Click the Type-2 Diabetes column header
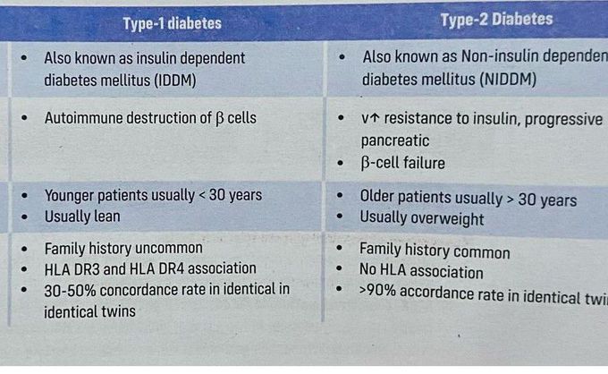click(496, 19)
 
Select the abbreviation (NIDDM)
click(507, 80)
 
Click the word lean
click(103, 217)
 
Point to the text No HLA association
click(420, 272)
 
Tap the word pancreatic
click(394, 140)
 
